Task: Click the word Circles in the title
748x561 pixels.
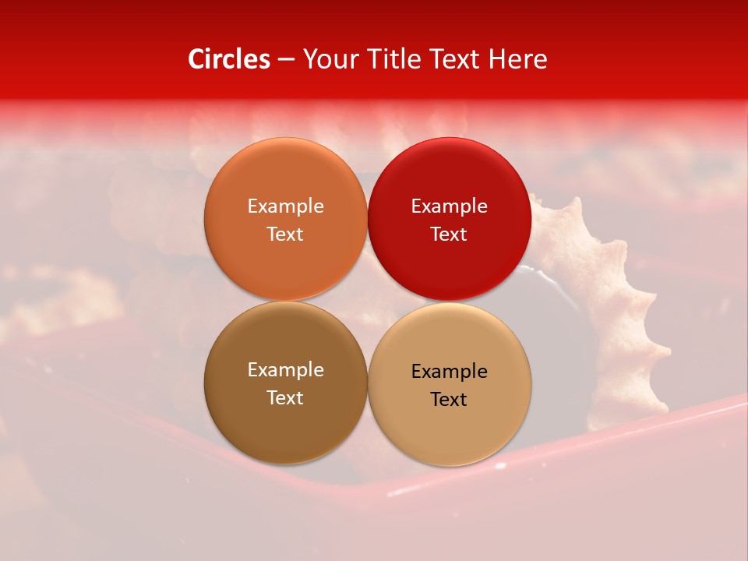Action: coord(229,59)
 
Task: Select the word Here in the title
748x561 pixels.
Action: coord(517,59)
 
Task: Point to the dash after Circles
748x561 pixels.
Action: coord(286,60)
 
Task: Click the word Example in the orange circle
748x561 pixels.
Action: coord(285,206)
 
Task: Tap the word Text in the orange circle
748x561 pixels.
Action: coord(285,235)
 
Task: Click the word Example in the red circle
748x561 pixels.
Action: coord(449,206)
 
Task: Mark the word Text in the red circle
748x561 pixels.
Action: coord(449,235)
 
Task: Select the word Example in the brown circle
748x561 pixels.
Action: coord(285,370)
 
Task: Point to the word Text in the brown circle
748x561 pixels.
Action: coord(285,398)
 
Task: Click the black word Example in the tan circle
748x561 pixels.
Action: coord(449,372)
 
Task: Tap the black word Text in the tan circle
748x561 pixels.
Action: coord(449,400)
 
